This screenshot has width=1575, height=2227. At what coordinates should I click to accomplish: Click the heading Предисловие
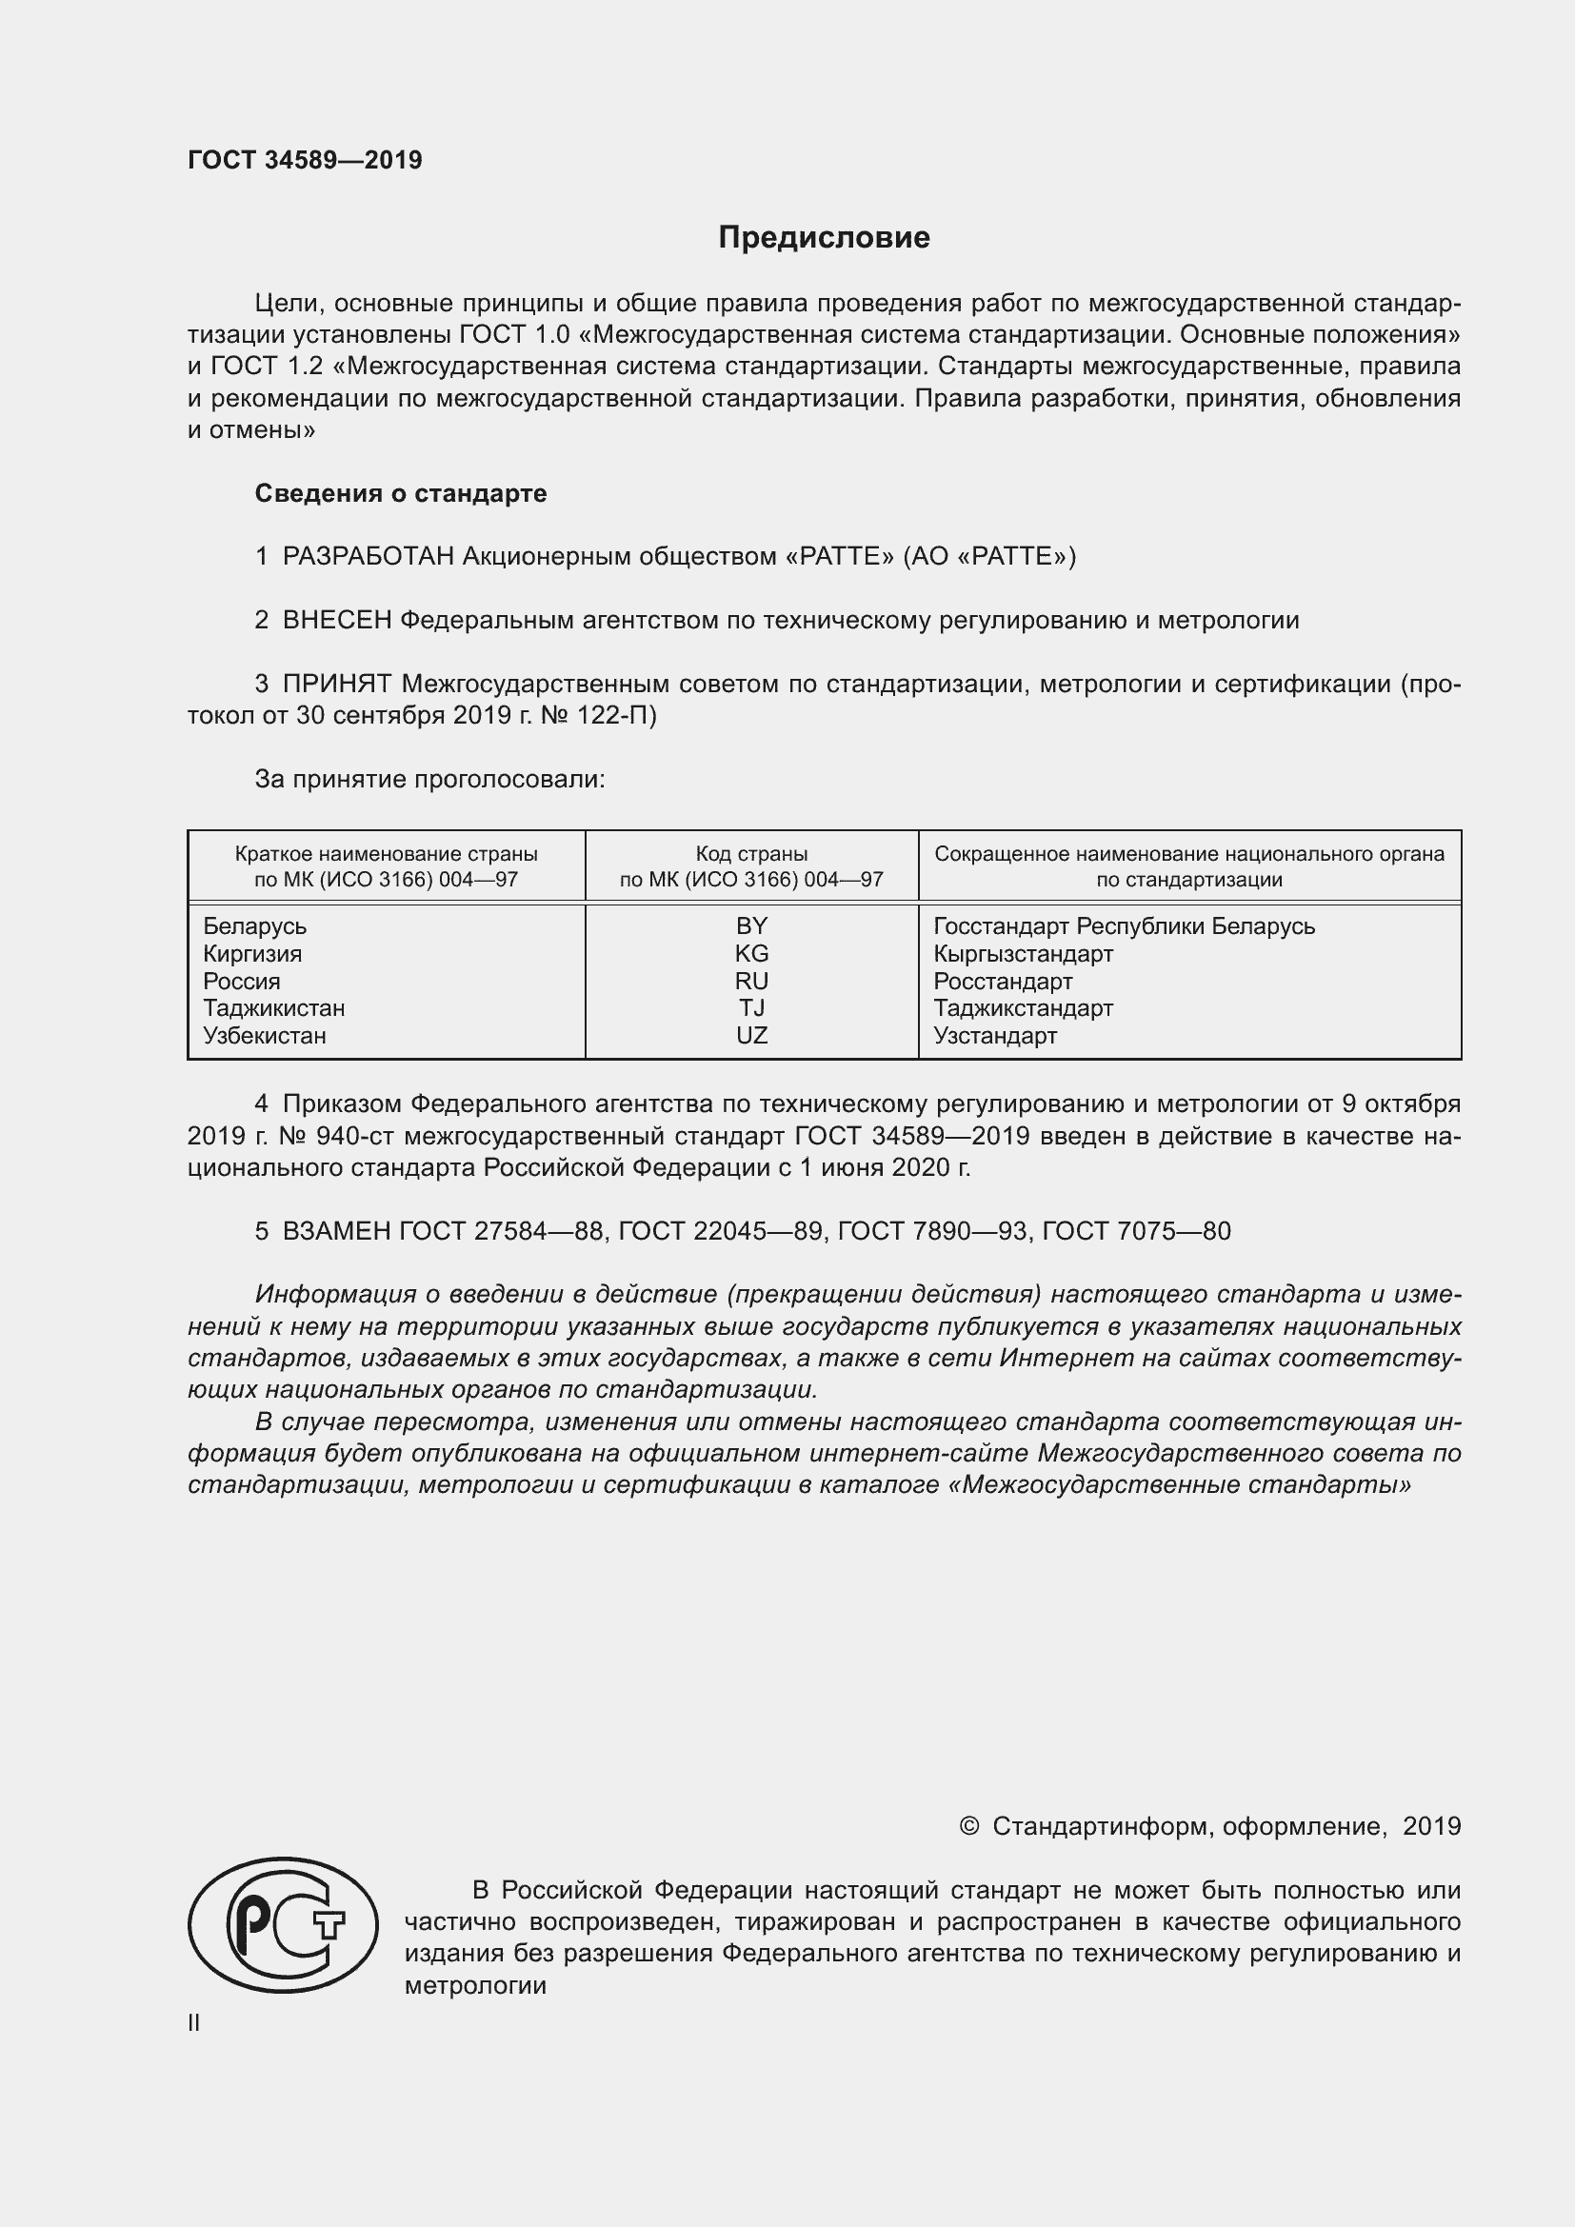(824, 238)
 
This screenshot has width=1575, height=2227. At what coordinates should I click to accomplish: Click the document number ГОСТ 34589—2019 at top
(305, 161)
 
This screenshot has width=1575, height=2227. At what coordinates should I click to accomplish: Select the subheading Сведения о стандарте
(401, 494)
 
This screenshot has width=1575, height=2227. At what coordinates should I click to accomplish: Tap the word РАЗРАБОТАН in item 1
(369, 557)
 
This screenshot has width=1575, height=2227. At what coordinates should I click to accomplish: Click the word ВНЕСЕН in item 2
(336, 621)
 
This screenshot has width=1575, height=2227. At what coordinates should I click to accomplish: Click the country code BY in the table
(751, 926)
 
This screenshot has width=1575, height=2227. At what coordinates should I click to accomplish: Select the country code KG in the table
(751, 953)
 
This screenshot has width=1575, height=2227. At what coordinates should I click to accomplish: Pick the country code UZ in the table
(751, 1036)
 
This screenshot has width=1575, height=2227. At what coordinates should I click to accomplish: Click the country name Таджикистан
(273, 1008)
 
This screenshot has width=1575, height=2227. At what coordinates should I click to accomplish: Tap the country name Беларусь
(254, 926)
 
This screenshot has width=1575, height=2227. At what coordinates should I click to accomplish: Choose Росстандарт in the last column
(1003, 982)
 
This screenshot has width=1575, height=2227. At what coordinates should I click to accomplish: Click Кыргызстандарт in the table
(1023, 953)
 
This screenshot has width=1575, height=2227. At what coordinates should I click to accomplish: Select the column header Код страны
(751, 854)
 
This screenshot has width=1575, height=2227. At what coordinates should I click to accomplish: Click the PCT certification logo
(282, 1924)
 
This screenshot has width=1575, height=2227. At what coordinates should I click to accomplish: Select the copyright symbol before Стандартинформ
(968, 1827)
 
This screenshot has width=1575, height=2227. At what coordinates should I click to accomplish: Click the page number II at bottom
(194, 2023)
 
